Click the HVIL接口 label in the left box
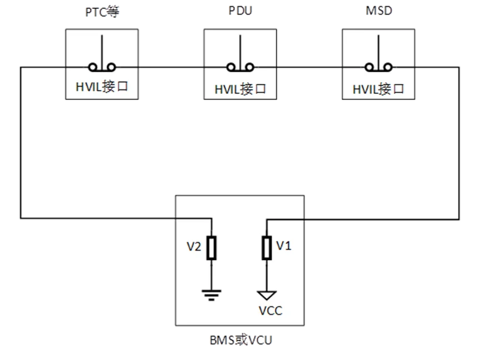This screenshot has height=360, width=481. tap(102, 87)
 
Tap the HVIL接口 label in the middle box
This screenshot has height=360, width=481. tap(240, 89)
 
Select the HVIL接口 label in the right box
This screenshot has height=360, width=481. tap(378, 89)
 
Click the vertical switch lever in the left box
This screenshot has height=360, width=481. tap(102, 51)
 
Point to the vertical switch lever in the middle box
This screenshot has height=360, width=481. tap(240, 51)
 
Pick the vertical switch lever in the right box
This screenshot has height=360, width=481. tap(378, 51)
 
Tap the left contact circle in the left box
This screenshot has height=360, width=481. tap(94, 68)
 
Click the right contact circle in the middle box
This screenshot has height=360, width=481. tap(249, 68)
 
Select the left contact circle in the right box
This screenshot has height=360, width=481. tap(369, 68)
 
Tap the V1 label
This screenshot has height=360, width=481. tap(284, 245)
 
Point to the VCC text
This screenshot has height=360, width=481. tap(270, 311)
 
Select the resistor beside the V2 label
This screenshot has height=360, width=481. tap(212, 248)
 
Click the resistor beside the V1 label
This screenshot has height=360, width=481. tap(267, 248)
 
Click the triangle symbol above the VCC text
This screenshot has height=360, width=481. tap(267, 295)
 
